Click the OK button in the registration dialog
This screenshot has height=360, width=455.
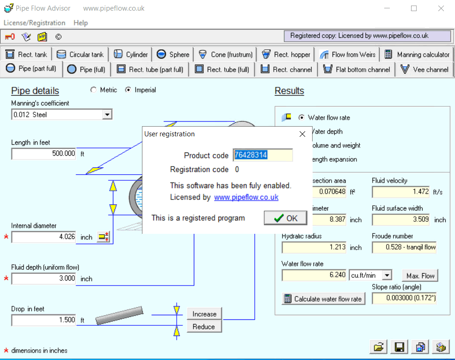[x=285, y=218]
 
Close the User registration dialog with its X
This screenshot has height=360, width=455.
[x=302, y=134]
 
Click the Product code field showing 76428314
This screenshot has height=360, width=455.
[x=262, y=155]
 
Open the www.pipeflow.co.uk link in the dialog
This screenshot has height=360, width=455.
[x=246, y=197]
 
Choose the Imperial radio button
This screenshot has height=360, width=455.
[x=128, y=90]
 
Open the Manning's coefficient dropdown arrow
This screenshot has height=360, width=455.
[x=107, y=114]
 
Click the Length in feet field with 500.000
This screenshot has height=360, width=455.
[x=43, y=154]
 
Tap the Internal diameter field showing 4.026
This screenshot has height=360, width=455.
[x=43, y=237]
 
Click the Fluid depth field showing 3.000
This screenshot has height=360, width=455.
[x=43, y=279]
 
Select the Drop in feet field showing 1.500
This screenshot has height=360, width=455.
[x=43, y=320]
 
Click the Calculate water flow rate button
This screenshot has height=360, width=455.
[x=323, y=299]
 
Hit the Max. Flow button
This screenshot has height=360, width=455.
[x=420, y=276]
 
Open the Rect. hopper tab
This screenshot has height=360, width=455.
[x=286, y=55]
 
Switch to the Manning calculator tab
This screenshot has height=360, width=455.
[x=417, y=55]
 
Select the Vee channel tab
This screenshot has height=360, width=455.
[x=424, y=69]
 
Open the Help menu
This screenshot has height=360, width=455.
[x=80, y=23]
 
